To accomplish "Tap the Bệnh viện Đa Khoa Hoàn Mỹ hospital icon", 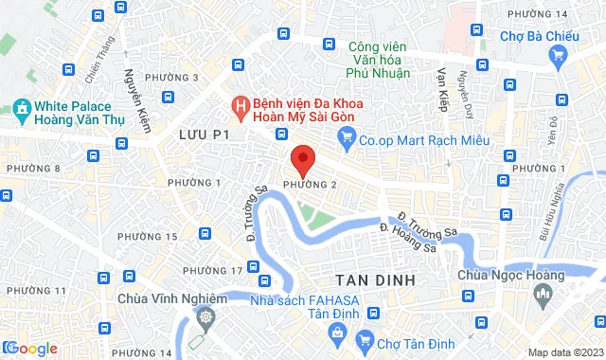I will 241,102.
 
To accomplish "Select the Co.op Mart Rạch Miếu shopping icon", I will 346,139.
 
